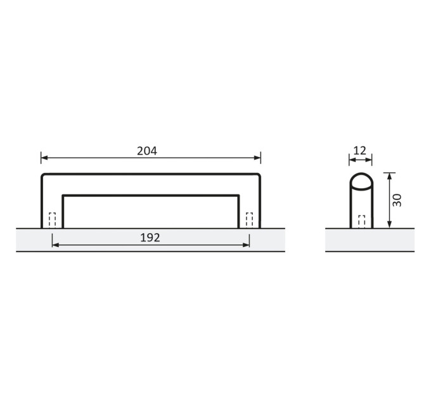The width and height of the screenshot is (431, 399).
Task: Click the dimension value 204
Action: (x=147, y=151)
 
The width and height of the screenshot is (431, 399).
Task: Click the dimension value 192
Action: (x=150, y=237)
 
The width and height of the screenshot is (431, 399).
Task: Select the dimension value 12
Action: (x=360, y=151)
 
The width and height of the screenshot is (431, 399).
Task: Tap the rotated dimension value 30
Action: (x=397, y=201)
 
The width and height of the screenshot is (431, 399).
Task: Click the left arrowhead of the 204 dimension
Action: (x=44, y=158)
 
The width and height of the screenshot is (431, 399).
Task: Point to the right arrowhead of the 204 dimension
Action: (x=257, y=158)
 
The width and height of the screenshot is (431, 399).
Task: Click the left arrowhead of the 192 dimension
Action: (x=56, y=244)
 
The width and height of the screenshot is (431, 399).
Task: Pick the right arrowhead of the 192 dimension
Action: (x=246, y=244)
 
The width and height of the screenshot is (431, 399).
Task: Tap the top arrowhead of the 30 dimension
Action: (x=389, y=176)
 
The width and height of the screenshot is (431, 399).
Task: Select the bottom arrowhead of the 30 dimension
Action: (x=389, y=225)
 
